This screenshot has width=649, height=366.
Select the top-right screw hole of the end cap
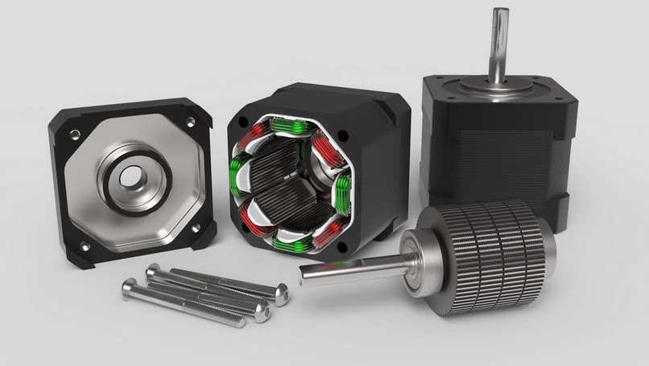[190, 122]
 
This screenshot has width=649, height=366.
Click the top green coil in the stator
[291, 126]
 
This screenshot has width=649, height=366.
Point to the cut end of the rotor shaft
[305, 276]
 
